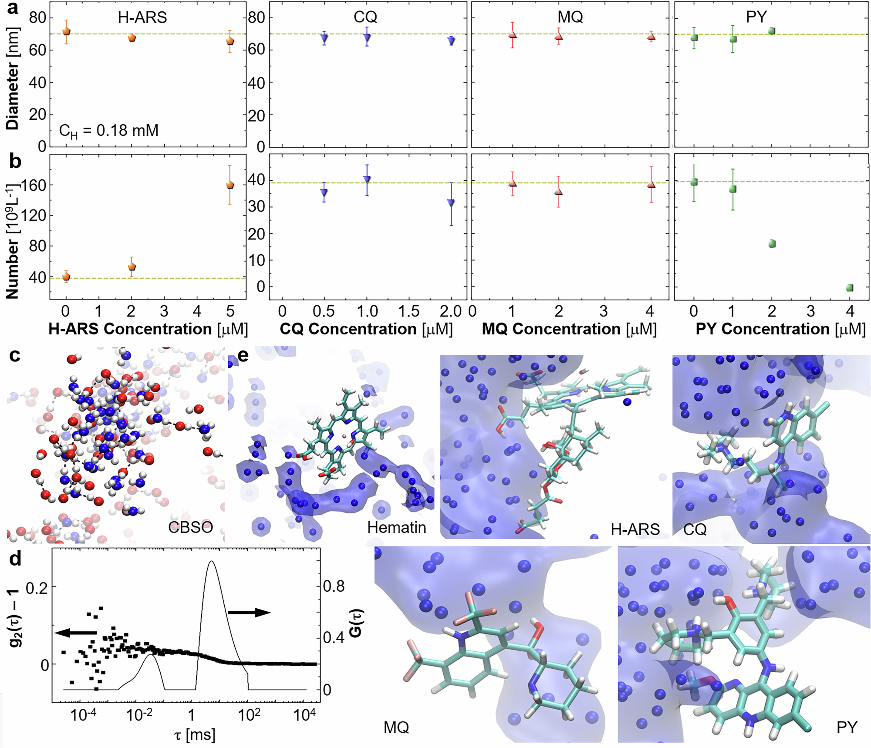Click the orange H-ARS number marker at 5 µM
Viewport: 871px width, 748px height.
230,185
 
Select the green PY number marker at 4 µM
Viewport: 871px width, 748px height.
850,288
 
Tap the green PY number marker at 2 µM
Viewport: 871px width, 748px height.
772,244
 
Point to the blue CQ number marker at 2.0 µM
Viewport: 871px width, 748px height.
451,203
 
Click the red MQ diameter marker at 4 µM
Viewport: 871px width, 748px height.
651,36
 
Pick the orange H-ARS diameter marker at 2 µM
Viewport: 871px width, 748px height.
132,38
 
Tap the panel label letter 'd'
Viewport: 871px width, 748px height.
15,559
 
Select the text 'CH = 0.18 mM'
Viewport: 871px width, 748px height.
109,130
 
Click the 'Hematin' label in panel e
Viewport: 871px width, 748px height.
396,528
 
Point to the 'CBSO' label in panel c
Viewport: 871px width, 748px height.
190,528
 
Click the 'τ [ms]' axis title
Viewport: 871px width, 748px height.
195,735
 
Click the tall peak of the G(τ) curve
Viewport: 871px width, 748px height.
212,562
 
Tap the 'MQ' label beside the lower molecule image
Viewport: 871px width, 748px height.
396,728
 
